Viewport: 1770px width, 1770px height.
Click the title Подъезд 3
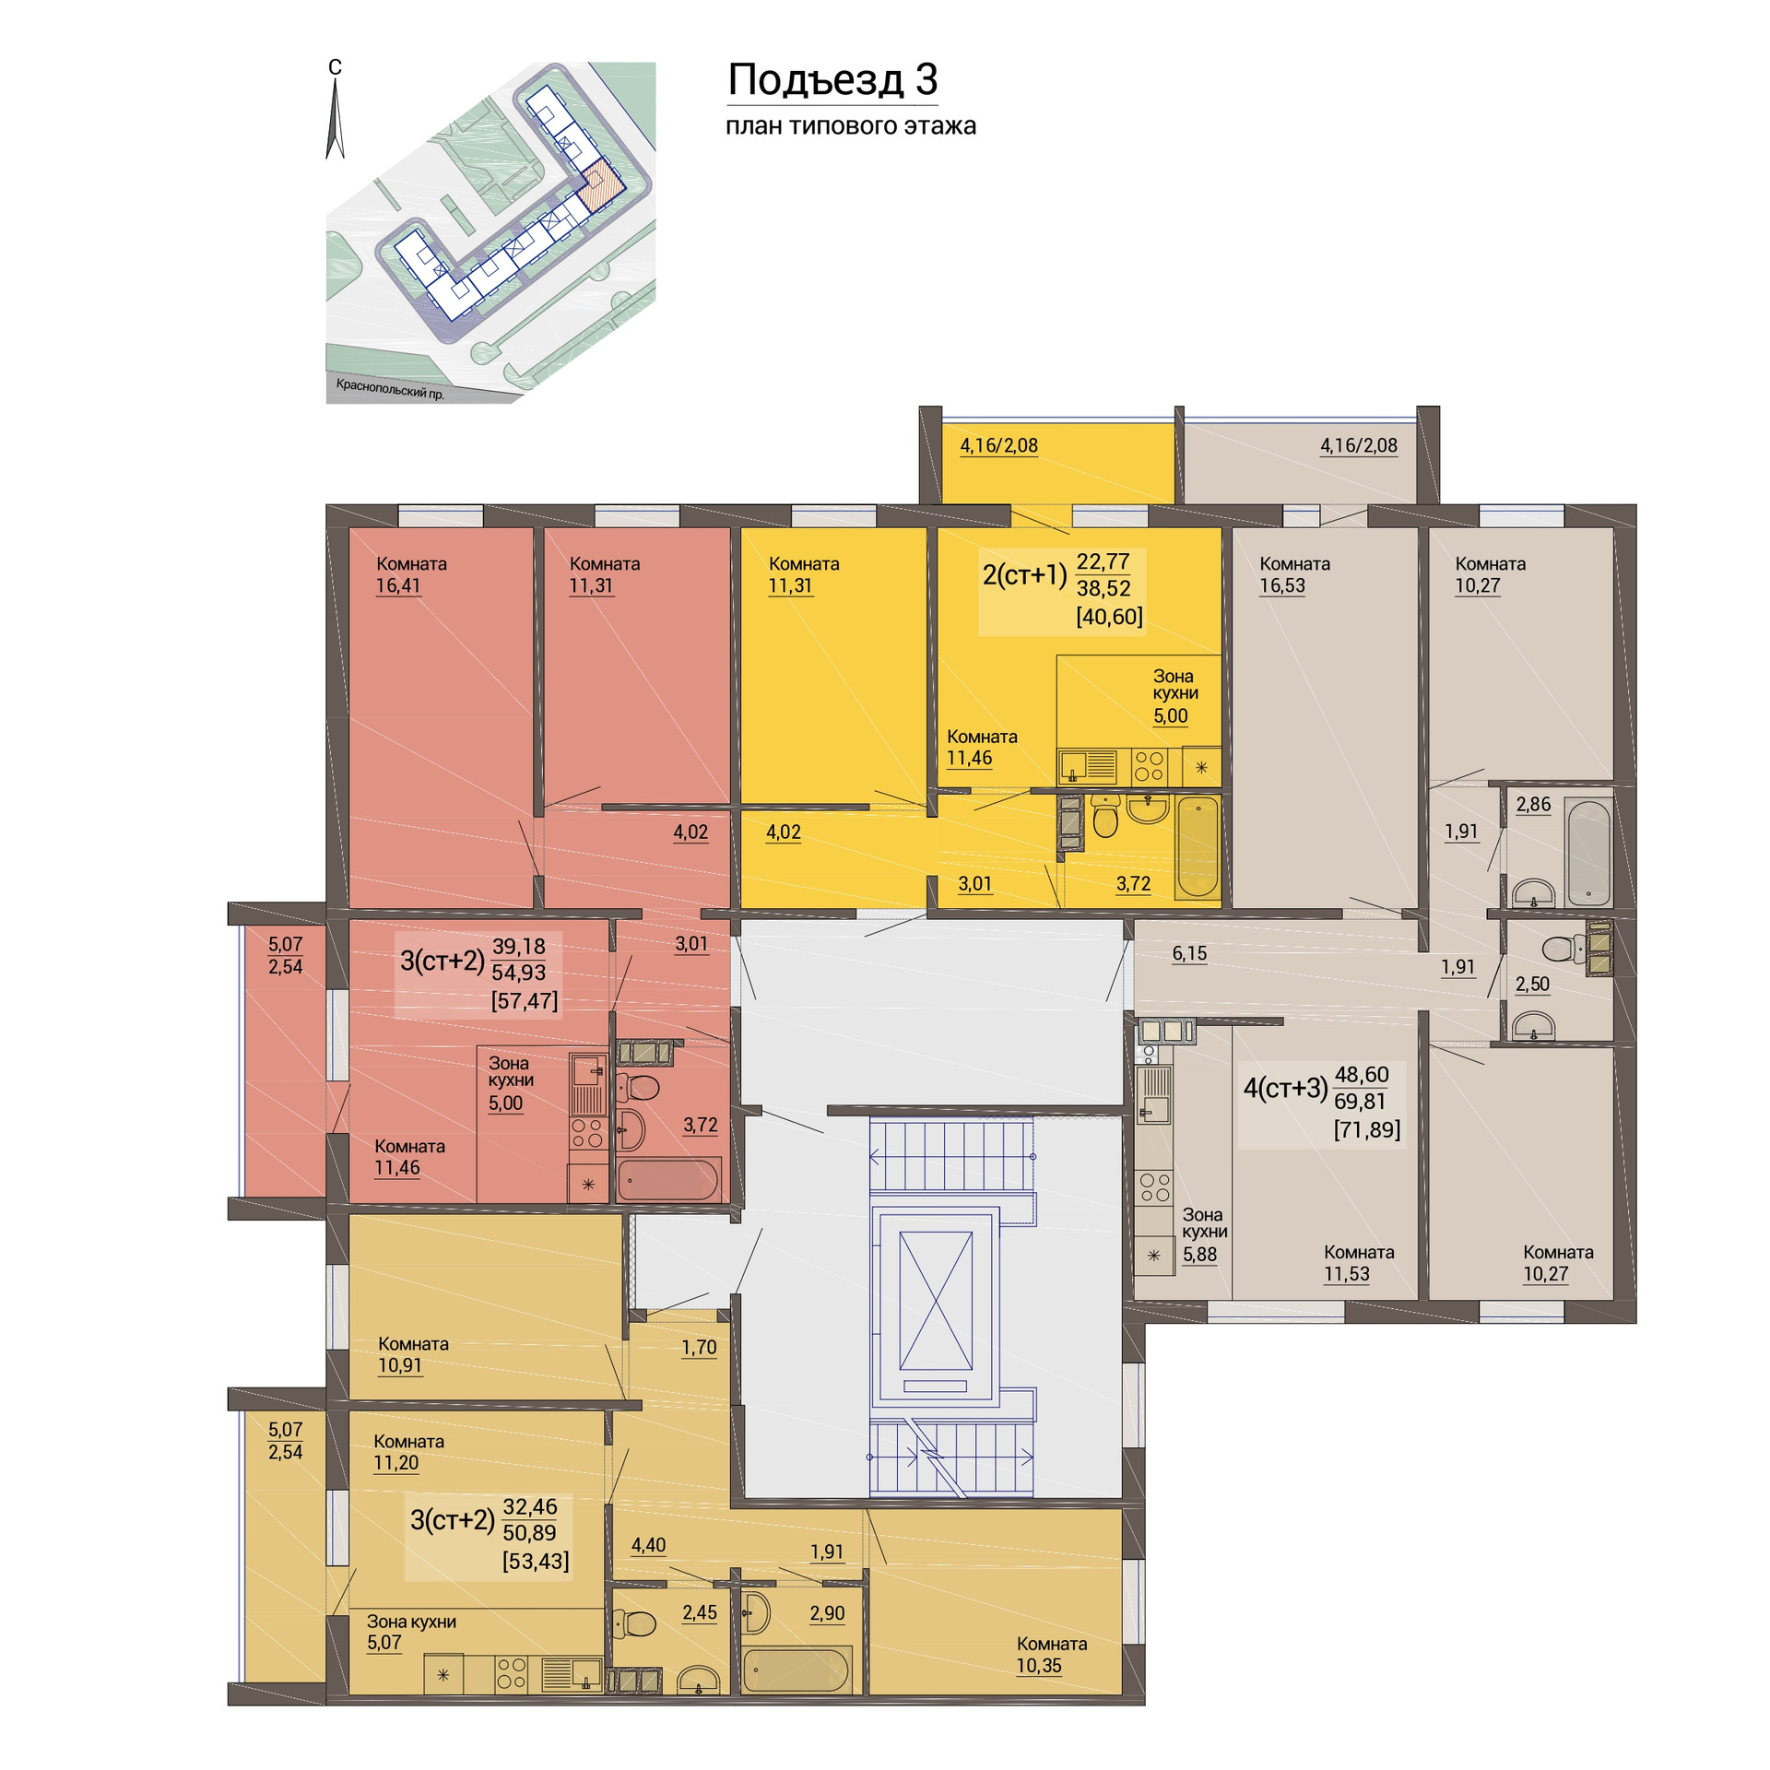pos(832,80)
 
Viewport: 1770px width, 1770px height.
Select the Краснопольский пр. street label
pos(390,389)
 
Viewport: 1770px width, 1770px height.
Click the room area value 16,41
pos(397,585)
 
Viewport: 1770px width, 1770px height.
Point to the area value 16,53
pos(1282,585)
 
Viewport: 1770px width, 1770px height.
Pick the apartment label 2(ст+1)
pos(1024,575)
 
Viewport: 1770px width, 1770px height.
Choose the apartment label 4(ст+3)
pos(1285,1089)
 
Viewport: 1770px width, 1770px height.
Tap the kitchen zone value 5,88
pos(1200,1254)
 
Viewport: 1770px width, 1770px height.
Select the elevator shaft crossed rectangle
pos(936,1301)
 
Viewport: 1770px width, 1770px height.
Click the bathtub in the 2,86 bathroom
pos(1588,852)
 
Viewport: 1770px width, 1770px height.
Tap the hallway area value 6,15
pos(1189,954)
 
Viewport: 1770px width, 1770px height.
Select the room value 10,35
pos(1039,1666)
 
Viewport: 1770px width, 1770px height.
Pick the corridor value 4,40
pos(648,1545)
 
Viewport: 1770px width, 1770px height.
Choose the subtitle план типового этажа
pos(851,125)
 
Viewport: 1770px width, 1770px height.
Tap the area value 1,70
pos(699,1348)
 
